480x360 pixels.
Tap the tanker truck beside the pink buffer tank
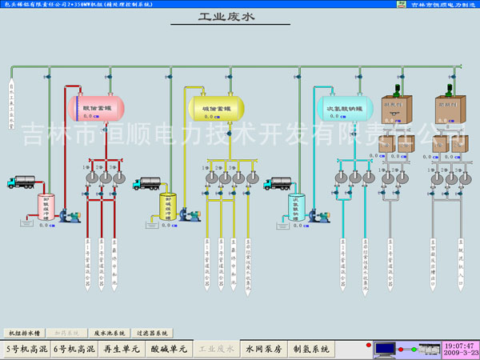coord(23,183)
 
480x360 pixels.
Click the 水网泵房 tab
coord(265,349)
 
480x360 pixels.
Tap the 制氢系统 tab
coord(312,349)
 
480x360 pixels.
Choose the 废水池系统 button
coord(110,332)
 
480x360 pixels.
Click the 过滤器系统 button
coord(154,332)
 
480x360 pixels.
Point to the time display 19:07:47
coord(459,345)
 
